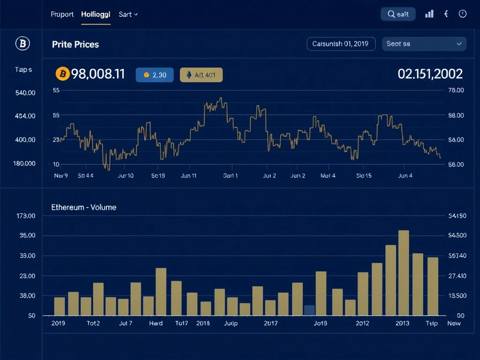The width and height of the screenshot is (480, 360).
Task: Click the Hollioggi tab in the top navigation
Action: [x=96, y=14]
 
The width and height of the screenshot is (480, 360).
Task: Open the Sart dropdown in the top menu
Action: [x=128, y=14]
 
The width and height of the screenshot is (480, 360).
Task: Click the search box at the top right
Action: [x=398, y=14]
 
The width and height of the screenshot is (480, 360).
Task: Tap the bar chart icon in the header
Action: [x=429, y=14]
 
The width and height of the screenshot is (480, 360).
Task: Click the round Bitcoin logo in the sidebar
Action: [x=22, y=44]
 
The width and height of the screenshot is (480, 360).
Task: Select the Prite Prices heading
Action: [x=75, y=45]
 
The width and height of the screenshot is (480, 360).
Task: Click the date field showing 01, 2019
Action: [x=341, y=44]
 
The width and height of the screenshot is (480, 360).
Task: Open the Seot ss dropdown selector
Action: [x=424, y=44]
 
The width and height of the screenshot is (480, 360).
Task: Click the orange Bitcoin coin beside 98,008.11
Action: [x=62, y=74]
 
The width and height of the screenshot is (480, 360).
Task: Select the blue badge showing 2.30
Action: [x=155, y=75]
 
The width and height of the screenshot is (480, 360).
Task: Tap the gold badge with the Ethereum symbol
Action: [x=201, y=75]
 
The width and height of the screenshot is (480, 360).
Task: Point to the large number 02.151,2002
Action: [x=430, y=74]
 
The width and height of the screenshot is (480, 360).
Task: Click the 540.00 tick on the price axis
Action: [x=25, y=93]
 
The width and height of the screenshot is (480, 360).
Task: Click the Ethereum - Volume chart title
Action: [x=84, y=207]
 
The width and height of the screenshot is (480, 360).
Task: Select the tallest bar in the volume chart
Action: [x=404, y=273]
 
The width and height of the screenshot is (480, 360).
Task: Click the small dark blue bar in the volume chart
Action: [x=309, y=310]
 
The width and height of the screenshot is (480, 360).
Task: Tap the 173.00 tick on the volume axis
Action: [x=26, y=216]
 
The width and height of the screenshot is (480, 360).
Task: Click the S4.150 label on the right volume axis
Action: [x=457, y=216]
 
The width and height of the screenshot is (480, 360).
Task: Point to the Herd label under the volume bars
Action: [x=156, y=323]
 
